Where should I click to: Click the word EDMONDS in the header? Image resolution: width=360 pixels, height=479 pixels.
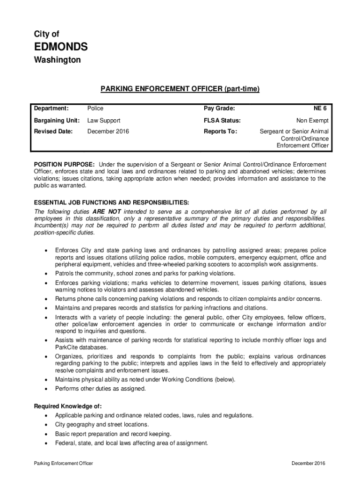pyautogui.click(x=61, y=47)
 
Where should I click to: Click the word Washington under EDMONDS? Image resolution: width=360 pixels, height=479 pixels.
pyautogui.click(x=57, y=60)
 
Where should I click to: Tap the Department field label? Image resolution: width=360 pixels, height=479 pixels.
pyautogui.click(x=51, y=109)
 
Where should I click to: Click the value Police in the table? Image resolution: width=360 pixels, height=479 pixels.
pyautogui.click(x=95, y=109)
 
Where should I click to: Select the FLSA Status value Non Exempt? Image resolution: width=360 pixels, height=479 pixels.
pyautogui.click(x=313, y=120)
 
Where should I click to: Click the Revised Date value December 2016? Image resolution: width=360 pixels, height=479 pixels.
pyautogui.click(x=108, y=131)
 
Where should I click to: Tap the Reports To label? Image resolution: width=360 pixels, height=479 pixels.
pyautogui.click(x=220, y=131)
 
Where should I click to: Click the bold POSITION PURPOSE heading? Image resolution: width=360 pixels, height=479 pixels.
pyautogui.click(x=65, y=165)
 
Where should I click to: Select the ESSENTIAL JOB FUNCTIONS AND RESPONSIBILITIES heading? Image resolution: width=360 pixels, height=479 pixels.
pyautogui.click(x=112, y=202)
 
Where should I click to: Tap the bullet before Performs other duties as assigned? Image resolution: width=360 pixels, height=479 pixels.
pyautogui.click(x=45, y=389)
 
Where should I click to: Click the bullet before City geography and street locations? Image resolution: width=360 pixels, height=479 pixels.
pyautogui.click(x=45, y=425)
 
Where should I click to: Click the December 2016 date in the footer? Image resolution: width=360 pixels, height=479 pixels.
pyautogui.click(x=308, y=463)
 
